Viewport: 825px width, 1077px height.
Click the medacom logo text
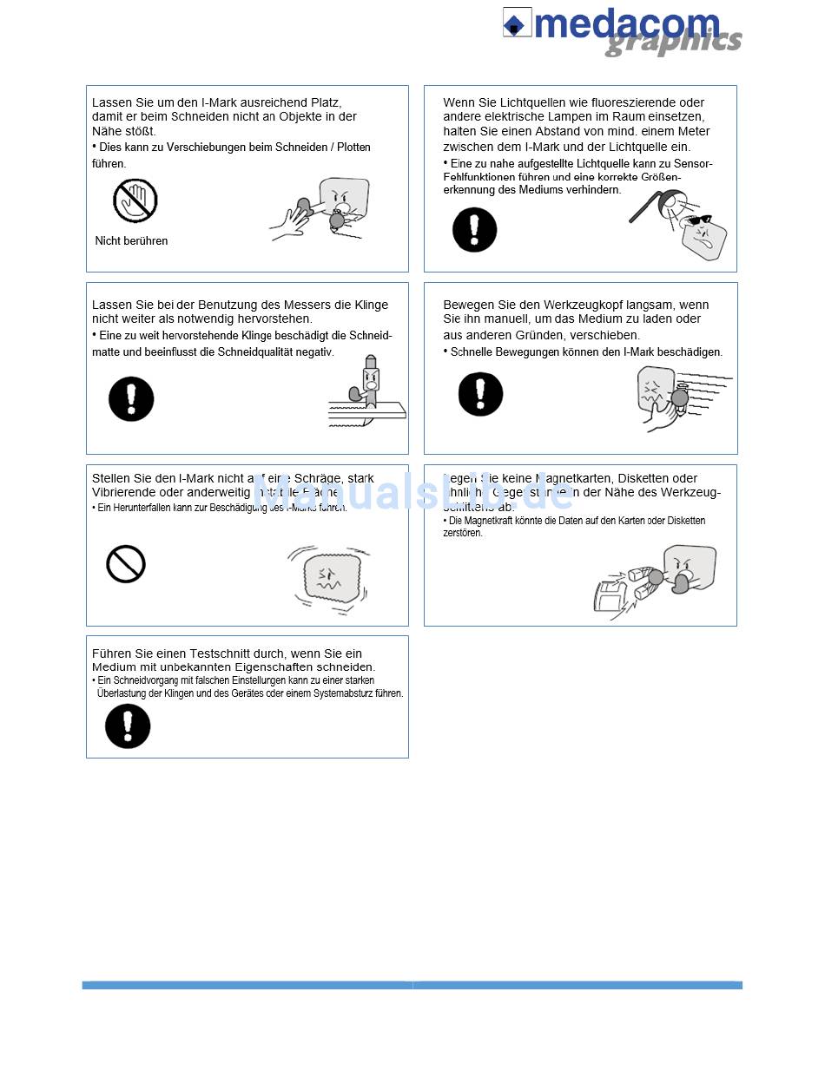coord(627,23)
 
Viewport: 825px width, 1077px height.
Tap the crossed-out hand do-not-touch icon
coord(135,200)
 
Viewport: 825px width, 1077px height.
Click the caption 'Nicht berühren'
coord(131,240)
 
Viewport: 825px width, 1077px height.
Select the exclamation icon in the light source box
coord(474,230)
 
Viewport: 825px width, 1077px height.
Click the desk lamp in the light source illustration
coord(653,204)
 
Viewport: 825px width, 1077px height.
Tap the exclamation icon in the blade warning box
coord(131,399)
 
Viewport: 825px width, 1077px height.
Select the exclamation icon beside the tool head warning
coord(480,394)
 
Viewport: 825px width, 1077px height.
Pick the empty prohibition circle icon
coord(126,564)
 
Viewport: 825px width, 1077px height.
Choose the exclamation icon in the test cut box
coord(128,726)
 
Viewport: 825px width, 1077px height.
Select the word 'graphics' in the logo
coord(674,43)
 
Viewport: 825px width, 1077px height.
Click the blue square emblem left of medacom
coord(517,23)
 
